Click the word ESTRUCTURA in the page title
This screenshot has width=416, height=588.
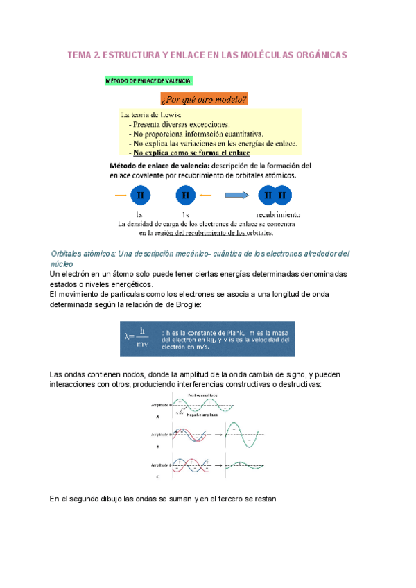[x=131, y=54]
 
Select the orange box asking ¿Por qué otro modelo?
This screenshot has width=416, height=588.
[x=204, y=98]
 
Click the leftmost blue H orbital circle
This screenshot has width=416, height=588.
[x=140, y=196]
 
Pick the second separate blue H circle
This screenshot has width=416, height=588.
[x=186, y=196]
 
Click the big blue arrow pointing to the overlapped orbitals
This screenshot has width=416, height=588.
[x=236, y=196]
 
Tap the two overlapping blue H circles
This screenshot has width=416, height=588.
[x=275, y=196]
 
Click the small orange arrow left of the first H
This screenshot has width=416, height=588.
[x=120, y=196]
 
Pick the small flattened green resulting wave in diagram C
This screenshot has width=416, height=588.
[x=243, y=465]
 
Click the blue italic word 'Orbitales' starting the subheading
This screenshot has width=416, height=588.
[x=69, y=254]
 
